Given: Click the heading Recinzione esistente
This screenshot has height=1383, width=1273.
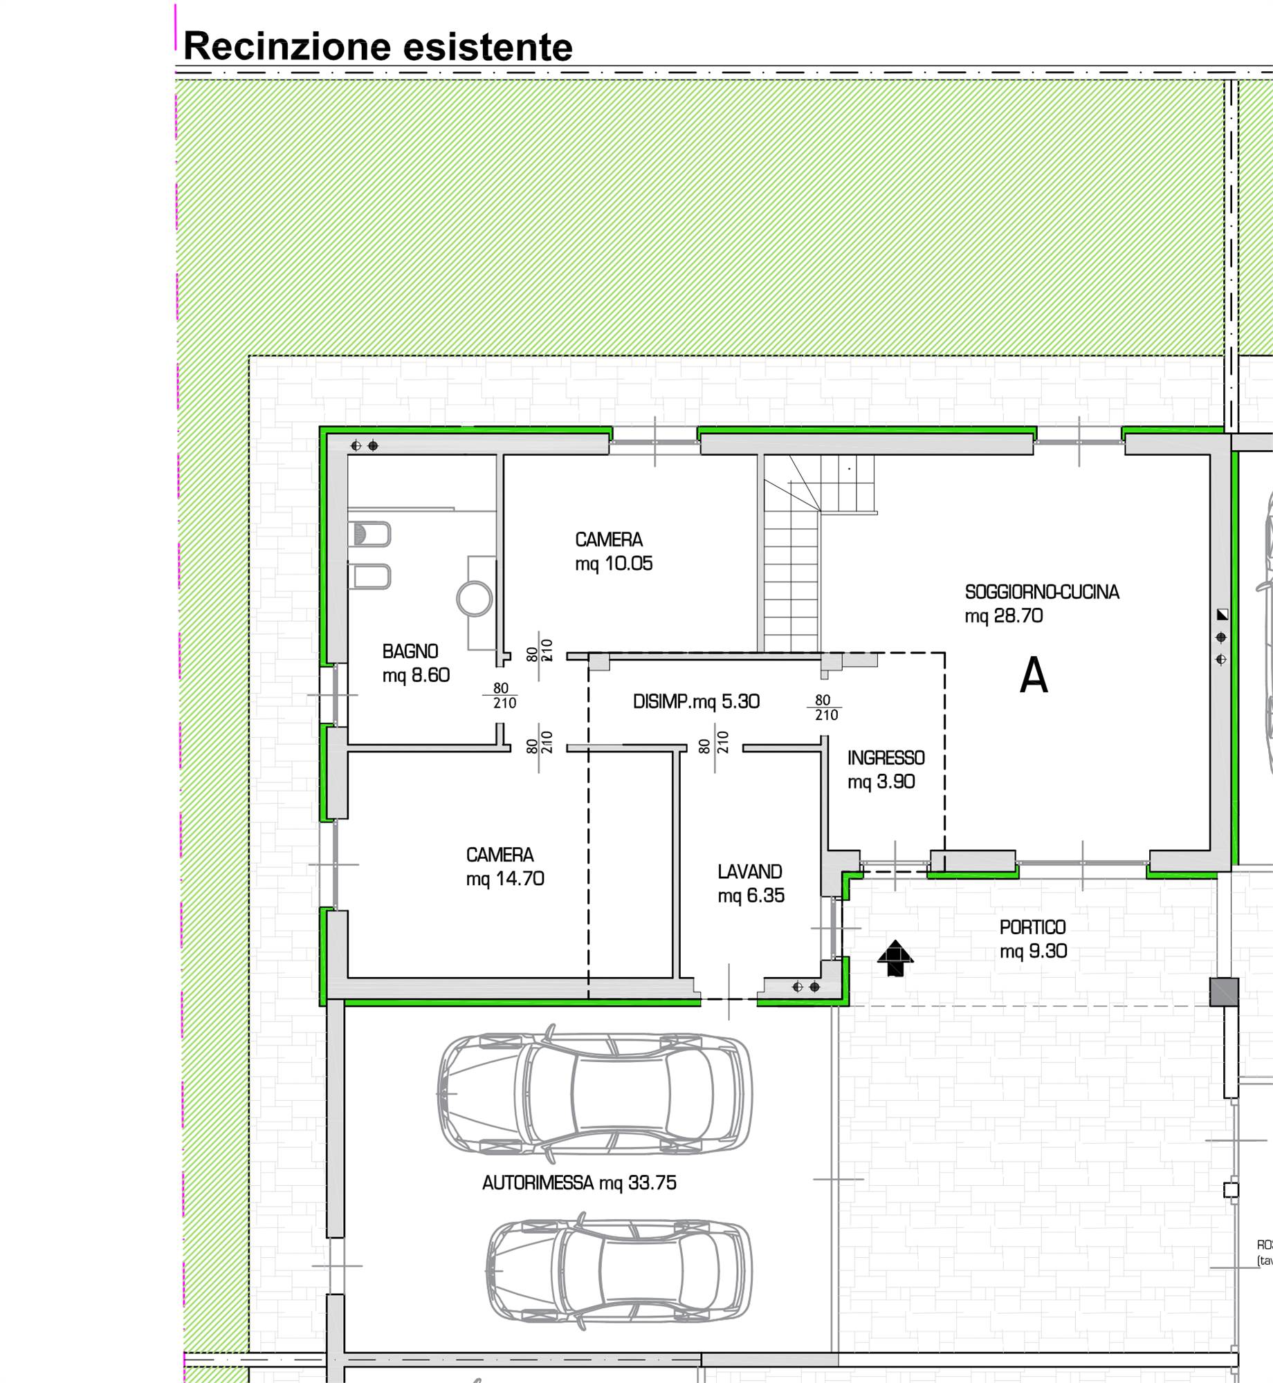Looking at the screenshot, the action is click(x=378, y=47).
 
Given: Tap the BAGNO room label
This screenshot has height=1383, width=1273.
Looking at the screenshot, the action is click(x=410, y=651).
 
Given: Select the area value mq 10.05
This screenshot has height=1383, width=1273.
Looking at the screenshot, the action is click(x=614, y=564).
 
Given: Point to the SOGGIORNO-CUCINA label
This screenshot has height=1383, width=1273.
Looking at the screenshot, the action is click(x=1042, y=592).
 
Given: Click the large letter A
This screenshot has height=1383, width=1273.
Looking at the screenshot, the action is click(x=1034, y=675).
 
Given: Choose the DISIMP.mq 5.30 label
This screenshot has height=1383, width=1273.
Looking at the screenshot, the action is click(x=696, y=701).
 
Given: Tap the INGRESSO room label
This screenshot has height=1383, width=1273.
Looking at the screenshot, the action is click(x=886, y=758).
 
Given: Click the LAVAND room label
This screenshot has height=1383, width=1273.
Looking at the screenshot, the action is click(x=750, y=872).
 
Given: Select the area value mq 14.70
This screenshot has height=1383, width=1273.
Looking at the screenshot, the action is click(x=505, y=879).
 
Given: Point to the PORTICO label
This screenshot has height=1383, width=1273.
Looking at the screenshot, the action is click(x=1032, y=927).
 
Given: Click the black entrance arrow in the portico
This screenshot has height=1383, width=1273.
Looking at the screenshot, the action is click(x=895, y=958).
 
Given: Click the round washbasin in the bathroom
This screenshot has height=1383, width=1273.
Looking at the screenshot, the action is click(x=475, y=598).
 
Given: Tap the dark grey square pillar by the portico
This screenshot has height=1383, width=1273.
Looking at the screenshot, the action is click(x=1224, y=992).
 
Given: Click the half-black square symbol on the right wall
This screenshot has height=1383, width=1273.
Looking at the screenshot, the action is click(x=1222, y=614).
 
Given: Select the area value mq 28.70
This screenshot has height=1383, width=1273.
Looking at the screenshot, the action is click(x=1003, y=616).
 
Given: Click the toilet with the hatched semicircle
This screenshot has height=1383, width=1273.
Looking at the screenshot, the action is click(x=369, y=535).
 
